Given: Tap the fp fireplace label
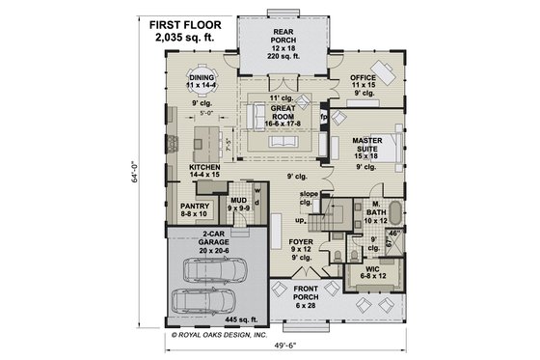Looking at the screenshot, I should click(x=325, y=117).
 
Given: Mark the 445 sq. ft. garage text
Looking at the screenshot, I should click(x=239, y=318).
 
